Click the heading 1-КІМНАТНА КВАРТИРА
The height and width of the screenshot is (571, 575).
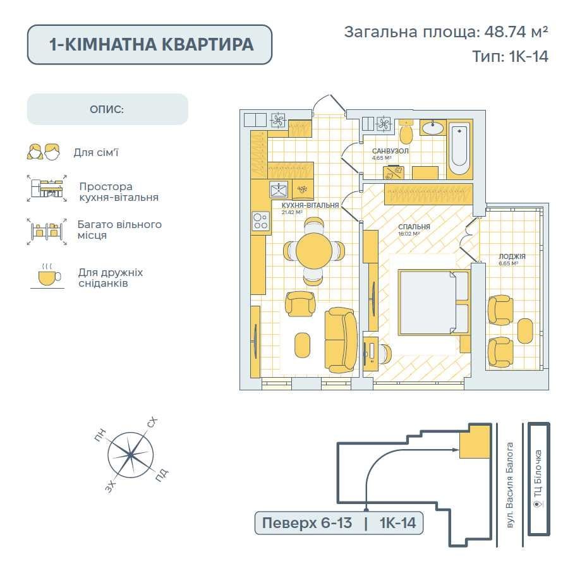(x=150, y=44)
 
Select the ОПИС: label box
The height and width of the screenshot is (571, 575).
(x=107, y=109)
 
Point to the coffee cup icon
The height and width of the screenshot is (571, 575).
(x=47, y=277)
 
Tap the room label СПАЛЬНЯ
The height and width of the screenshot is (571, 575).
(x=415, y=227)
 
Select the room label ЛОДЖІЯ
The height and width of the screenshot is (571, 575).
(x=512, y=256)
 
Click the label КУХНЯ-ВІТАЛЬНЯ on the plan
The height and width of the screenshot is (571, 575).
(x=306, y=205)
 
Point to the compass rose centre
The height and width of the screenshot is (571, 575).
(x=130, y=455)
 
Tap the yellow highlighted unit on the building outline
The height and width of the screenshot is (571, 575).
(x=475, y=441)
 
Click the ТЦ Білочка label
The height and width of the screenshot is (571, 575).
(x=538, y=480)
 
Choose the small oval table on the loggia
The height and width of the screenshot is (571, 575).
(x=525, y=330)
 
